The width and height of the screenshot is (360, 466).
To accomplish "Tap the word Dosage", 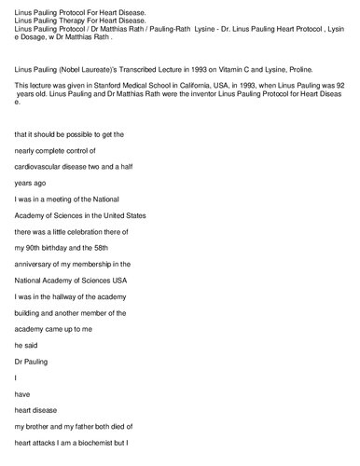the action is (x=34, y=36).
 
